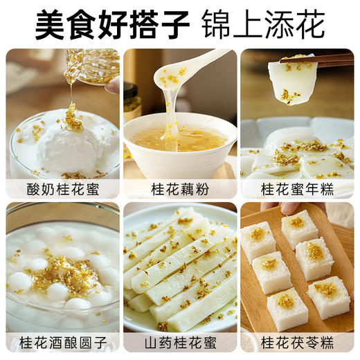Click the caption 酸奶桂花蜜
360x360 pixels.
(x=63, y=189)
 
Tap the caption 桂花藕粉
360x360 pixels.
(x=180, y=189)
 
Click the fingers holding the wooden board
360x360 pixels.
(x=294, y=207)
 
